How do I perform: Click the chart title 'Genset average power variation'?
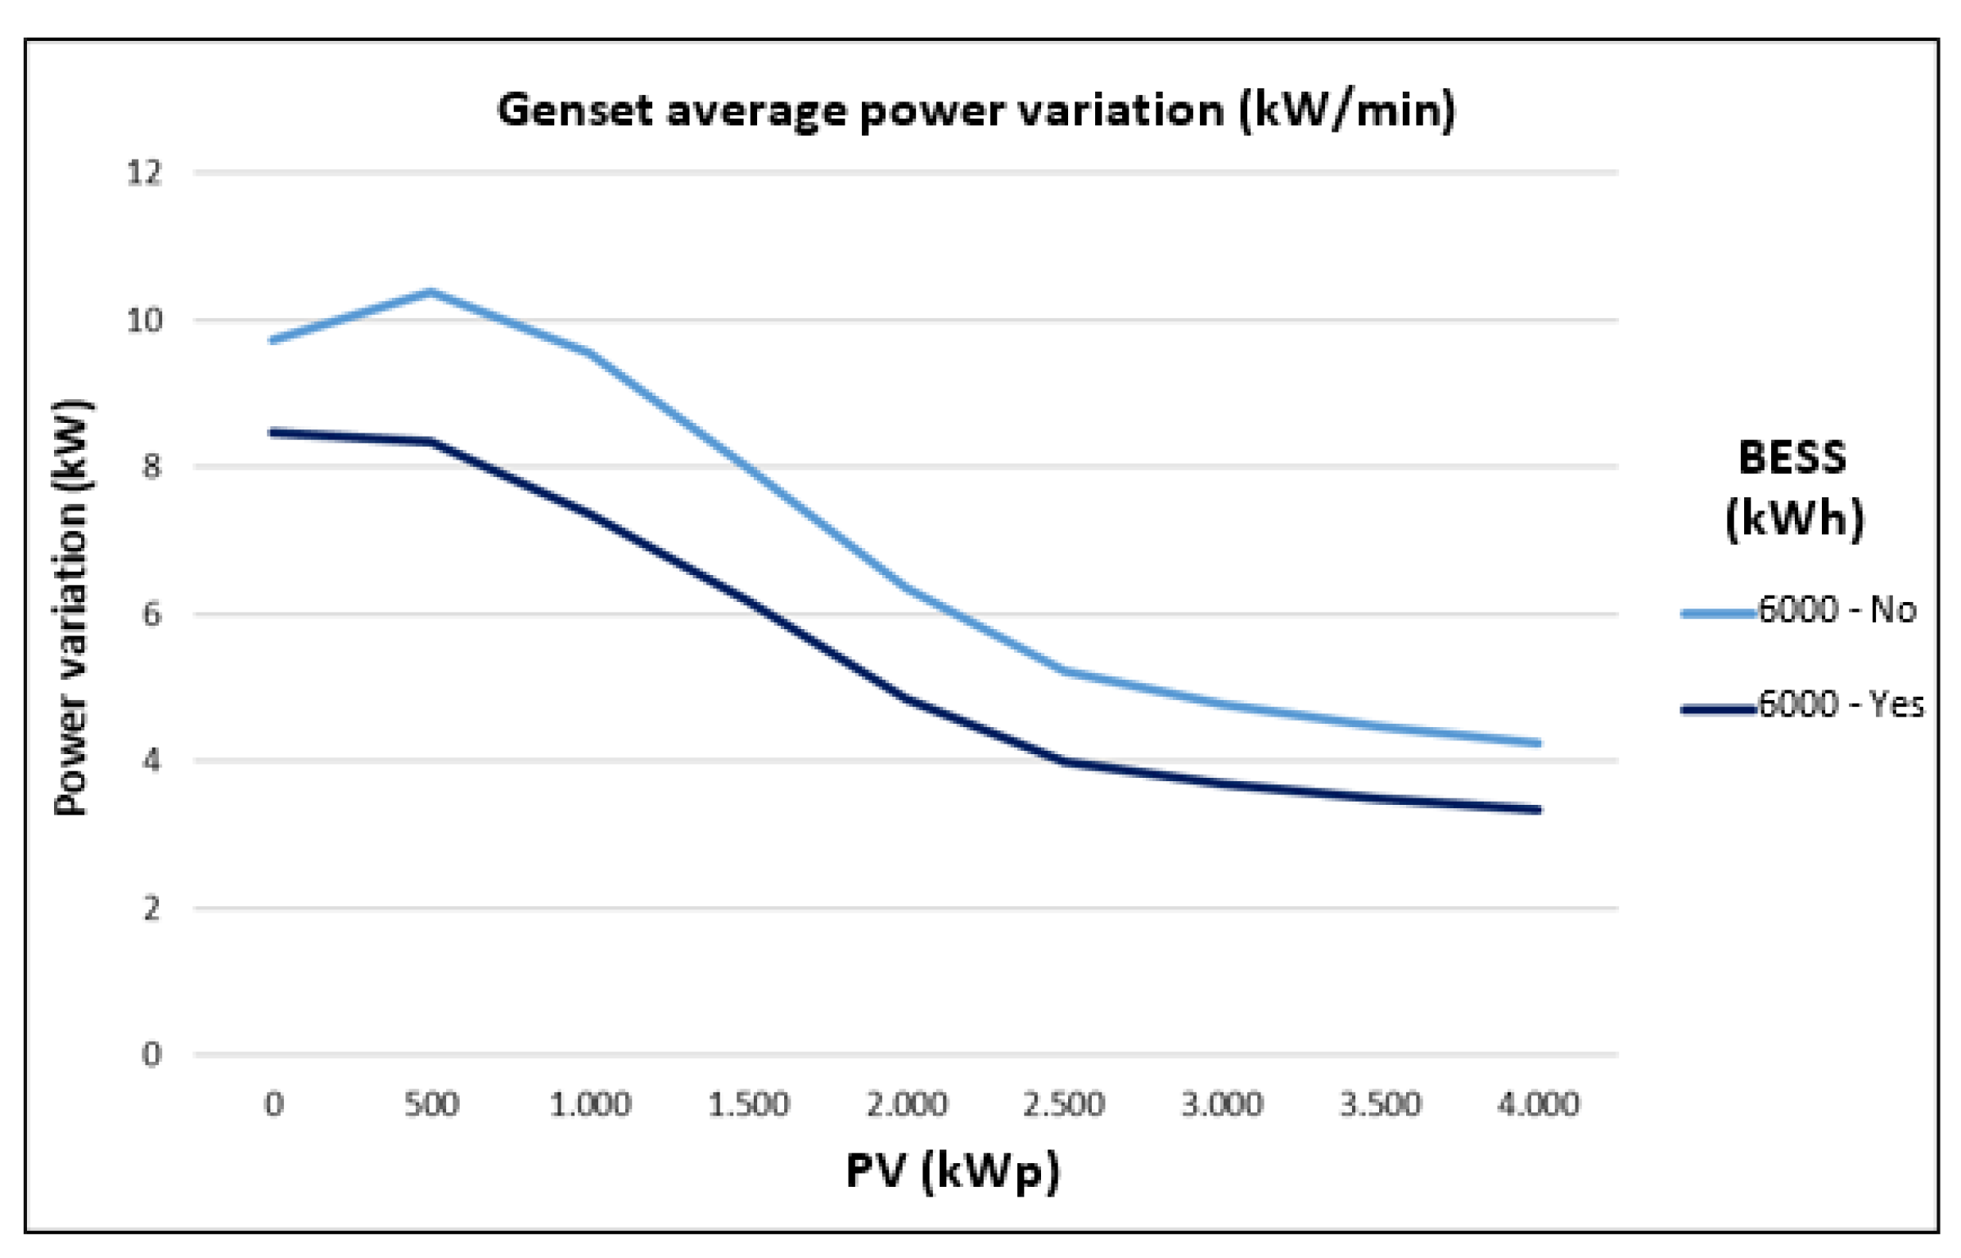[x=976, y=110]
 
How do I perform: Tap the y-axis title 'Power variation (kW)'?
[x=72, y=607]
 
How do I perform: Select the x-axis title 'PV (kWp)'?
[x=952, y=1171]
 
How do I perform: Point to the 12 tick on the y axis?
[x=144, y=173]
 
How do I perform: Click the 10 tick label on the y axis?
[x=144, y=320]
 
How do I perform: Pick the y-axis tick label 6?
[x=151, y=613]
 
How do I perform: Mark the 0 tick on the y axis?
[x=151, y=1054]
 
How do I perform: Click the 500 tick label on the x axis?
[x=431, y=1104]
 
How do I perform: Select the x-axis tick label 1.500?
[x=748, y=1104]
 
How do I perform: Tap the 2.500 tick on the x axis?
[x=1064, y=1104]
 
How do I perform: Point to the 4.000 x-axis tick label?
[x=1538, y=1104]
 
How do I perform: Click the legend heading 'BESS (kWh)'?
[x=1793, y=488]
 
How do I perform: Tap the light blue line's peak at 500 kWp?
[x=431, y=291]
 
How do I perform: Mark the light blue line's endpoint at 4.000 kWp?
[x=1538, y=743]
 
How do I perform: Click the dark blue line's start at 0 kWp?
[x=273, y=432]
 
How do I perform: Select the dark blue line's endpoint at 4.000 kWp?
[x=1538, y=810]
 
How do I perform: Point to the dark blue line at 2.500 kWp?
[x=1064, y=762]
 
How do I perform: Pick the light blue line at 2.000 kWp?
[x=906, y=586]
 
